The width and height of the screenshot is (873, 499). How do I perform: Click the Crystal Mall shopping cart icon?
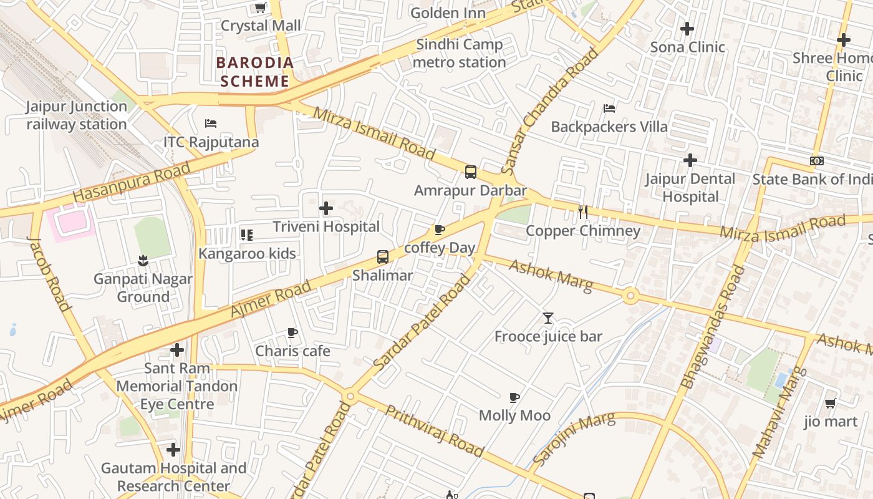[261, 8]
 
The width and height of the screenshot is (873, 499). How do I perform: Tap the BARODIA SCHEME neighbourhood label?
[254, 72]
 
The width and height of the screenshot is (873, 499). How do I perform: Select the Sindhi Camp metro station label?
[459, 54]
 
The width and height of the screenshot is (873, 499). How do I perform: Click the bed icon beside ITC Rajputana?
[211, 124]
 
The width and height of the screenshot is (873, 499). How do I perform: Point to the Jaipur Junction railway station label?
[77, 115]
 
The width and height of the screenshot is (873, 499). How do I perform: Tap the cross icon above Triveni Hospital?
[326, 208]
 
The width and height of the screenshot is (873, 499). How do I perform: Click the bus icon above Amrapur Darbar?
[471, 172]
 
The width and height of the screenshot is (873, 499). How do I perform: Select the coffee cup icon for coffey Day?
[440, 230]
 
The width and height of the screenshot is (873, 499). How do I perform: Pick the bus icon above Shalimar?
[383, 257]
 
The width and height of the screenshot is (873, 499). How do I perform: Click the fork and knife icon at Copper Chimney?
[583, 212]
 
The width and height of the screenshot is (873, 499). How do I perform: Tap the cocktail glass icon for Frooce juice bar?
[548, 318]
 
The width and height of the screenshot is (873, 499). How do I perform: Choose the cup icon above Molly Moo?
[514, 397]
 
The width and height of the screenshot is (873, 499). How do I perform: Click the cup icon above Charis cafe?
[292, 333]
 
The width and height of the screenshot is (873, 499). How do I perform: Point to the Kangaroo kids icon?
[247, 235]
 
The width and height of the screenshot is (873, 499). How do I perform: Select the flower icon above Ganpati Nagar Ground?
[143, 260]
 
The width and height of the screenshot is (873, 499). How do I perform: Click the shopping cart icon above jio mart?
[830, 404]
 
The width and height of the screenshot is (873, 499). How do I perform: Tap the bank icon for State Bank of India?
[816, 161]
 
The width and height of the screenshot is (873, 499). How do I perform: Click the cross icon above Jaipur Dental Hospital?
[690, 160]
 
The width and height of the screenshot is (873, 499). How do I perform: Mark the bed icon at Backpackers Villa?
[609, 109]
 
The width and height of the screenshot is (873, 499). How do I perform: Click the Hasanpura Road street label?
[131, 183]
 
